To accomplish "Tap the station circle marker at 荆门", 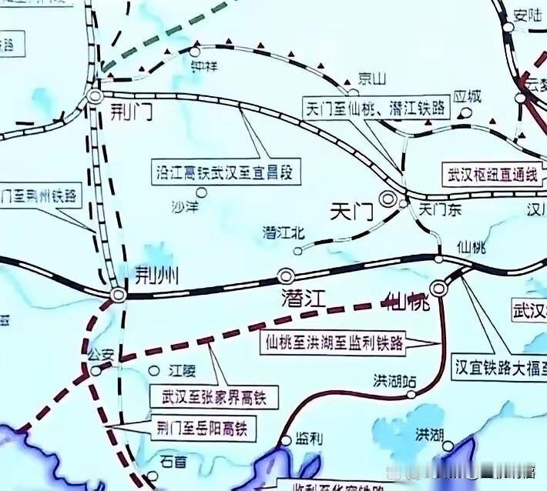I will pyautogui.click(x=95, y=96).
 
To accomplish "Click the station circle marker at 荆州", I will pyautogui.click(x=118, y=295).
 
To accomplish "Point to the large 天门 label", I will pyautogui.click(x=353, y=210).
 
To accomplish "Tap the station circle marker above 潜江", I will pyautogui.click(x=287, y=275).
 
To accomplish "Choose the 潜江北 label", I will pyautogui.click(x=284, y=232).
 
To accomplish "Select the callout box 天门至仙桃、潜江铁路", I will pyautogui.click(x=376, y=108).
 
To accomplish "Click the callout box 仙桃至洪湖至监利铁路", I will pyautogui.click(x=334, y=342).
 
